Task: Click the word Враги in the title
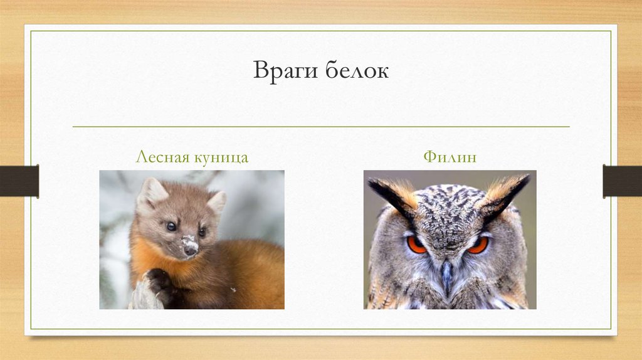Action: (286, 71)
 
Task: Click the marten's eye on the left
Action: (171, 226)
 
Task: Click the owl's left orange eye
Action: (416, 244)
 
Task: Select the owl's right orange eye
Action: (478, 244)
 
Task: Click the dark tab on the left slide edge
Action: (19, 181)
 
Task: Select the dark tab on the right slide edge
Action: (622, 181)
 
